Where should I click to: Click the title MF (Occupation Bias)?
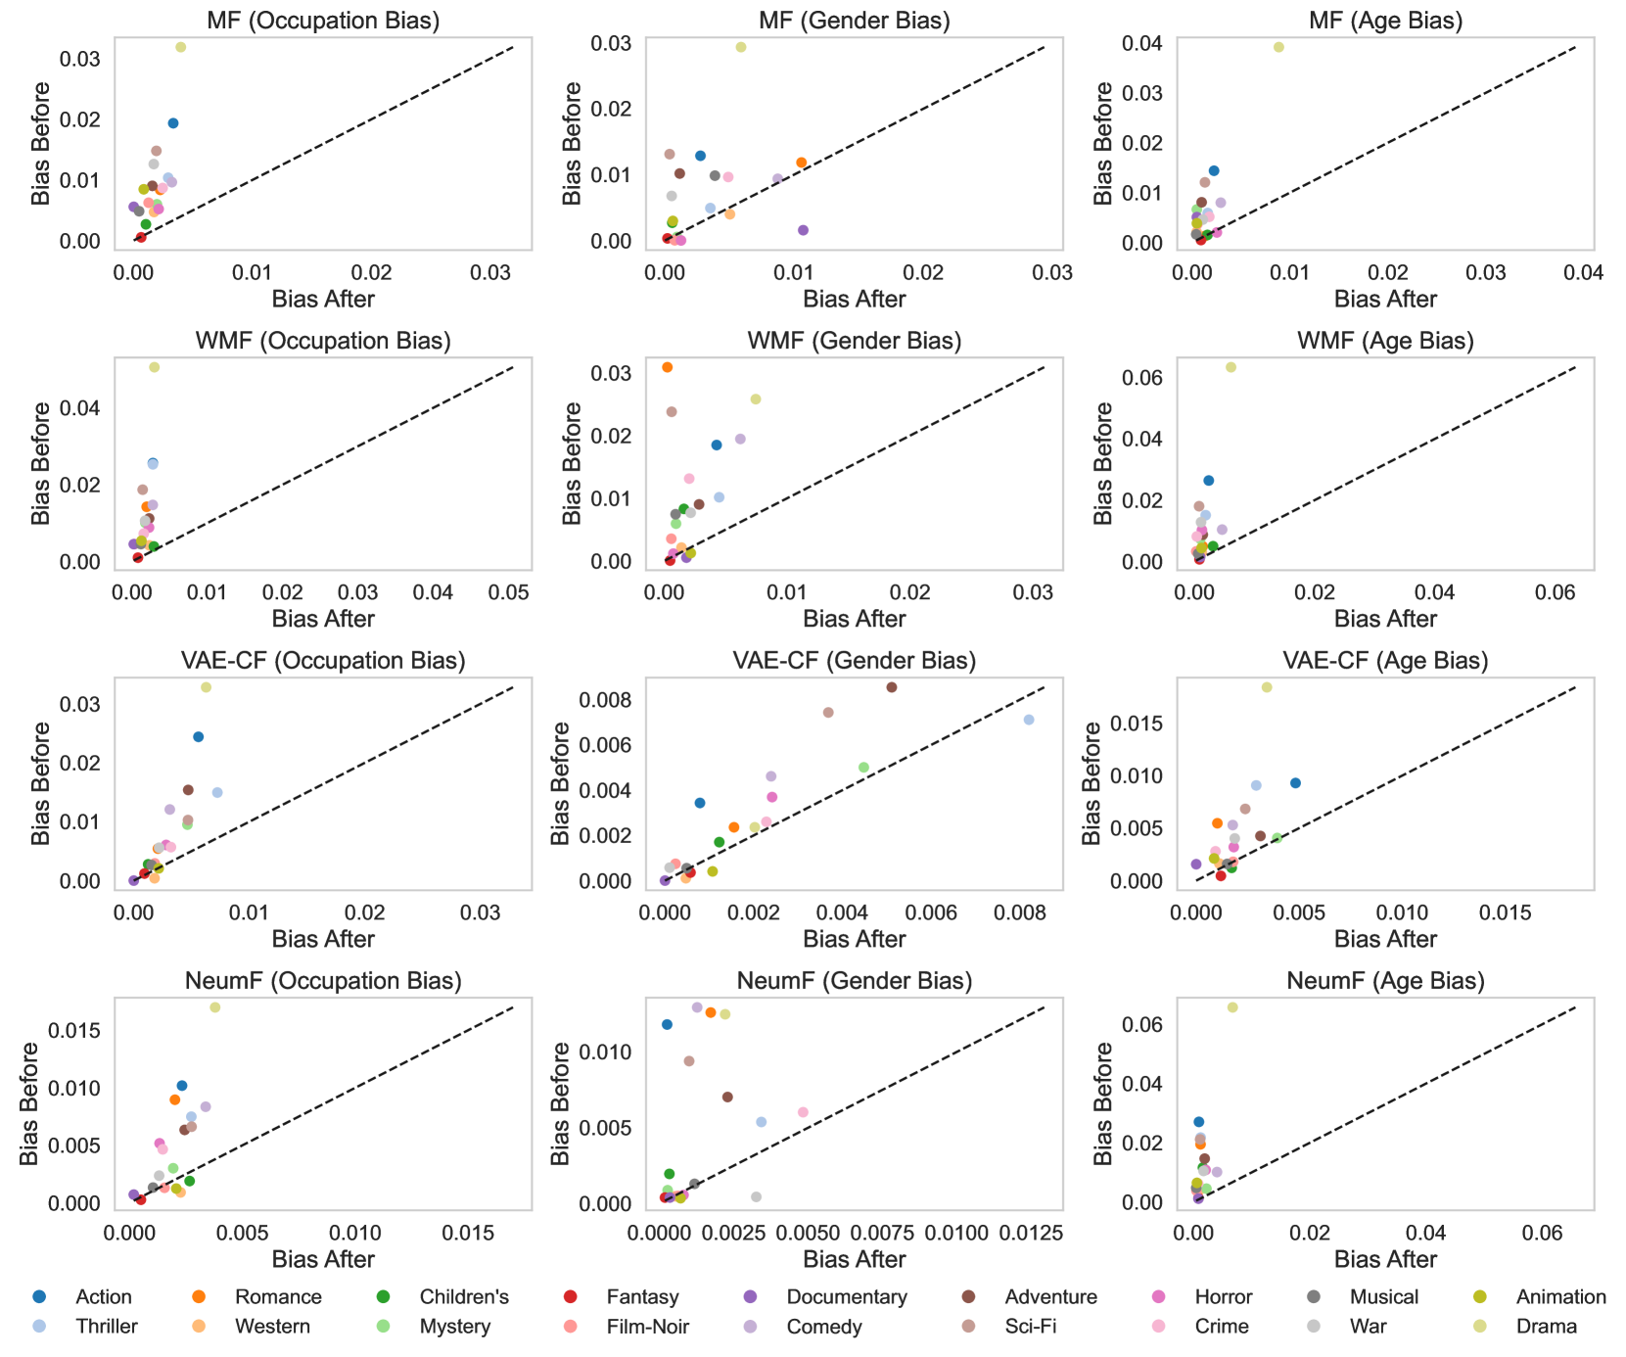(x=323, y=21)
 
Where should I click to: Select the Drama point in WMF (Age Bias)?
(x=1231, y=367)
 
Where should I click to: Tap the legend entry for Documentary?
(x=846, y=1297)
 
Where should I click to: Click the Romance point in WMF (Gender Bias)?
(x=668, y=367)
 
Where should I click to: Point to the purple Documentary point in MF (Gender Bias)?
(x=804, y=230)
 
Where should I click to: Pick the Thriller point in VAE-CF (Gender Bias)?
(x=1029, y=720)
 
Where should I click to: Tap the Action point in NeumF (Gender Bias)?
(x=667, y=1024)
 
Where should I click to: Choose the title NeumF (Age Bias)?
(x=1385, y=981)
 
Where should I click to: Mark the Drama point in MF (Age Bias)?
(x=1278, y=47)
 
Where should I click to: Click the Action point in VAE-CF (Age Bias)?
(x=1296, y=783)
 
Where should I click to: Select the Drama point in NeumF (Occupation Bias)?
(x=215, y=1007)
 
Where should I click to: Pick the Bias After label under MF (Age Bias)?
(x=1385, y=300)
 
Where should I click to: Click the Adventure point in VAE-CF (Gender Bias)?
(x=892, y=687)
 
